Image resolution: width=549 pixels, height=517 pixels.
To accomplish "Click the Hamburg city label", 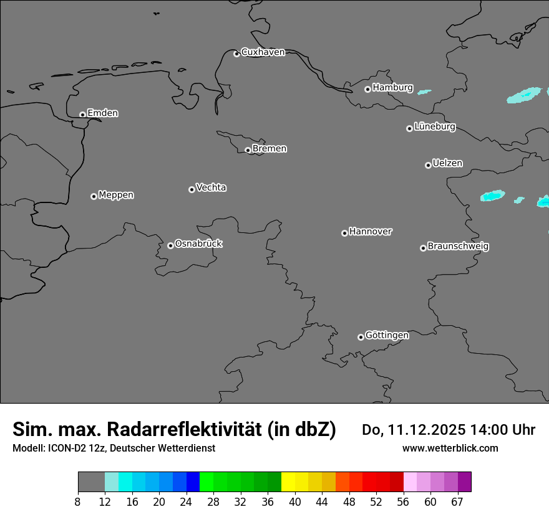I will [392, 88].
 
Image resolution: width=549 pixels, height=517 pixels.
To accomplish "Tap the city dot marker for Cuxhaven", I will [236, 54].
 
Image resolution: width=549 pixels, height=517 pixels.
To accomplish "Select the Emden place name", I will [102, 113].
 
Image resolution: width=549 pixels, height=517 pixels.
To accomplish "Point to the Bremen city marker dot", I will [248, 150].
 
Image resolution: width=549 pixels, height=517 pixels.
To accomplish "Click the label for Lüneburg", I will [434, 127].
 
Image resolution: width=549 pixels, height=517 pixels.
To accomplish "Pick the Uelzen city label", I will [447, 164].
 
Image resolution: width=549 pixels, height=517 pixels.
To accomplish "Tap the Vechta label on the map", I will [211, 187].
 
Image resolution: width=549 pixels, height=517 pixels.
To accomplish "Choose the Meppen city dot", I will [94, 196].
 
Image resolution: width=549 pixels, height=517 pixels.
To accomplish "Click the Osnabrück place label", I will [198, 244].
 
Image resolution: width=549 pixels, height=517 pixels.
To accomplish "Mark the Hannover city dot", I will [344, 233].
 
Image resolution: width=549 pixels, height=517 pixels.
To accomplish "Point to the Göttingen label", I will [387, 335].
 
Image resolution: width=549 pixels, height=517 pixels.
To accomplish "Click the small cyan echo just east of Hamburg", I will [424, 92].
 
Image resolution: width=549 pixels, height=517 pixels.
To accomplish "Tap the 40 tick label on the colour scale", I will [294, 501].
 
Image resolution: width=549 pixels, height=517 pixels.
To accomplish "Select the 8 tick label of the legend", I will [78, 501].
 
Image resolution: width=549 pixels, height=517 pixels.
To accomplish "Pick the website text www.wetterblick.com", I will [450, 448].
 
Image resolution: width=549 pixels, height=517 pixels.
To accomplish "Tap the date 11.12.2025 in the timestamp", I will [427, 430].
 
